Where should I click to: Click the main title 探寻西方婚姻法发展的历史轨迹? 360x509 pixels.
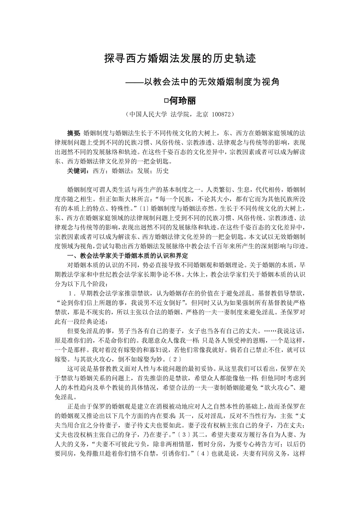(x=180, y=59)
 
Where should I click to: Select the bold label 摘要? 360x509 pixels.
(x=74, y=133)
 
